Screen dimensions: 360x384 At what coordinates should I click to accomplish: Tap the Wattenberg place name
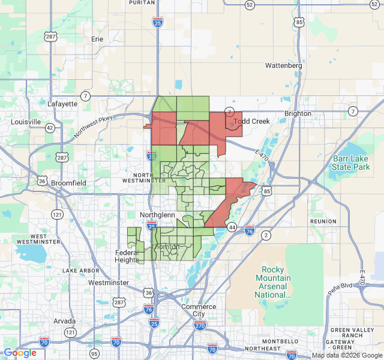pos(284,65)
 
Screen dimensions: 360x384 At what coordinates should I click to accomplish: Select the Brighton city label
pos(298,113)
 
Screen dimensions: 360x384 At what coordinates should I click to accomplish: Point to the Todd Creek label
pos(252,121)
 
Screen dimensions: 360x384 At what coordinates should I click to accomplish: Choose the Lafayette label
pos(62,103)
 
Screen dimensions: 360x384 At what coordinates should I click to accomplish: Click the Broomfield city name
pos(68,182)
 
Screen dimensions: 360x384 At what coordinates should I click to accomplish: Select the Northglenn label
pos(157,215)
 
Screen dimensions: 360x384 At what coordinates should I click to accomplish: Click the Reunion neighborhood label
pos(323,221)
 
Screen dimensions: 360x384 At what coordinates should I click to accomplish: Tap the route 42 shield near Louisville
pos(50,128)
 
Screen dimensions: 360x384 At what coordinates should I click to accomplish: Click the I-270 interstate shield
pos(200,325)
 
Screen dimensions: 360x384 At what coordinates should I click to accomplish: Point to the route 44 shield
pos(232,227)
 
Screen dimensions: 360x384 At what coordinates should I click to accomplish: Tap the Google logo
pos(20,353)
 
